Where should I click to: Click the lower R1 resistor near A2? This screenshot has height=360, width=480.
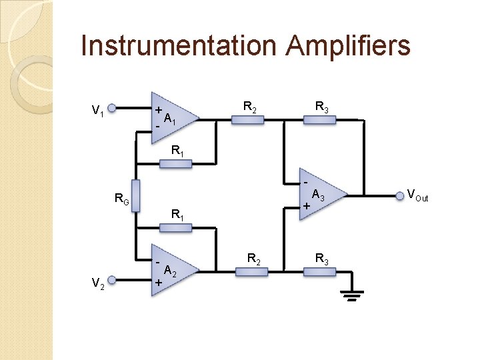point(175,228)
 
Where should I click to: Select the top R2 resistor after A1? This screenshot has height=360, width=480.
point(247,120)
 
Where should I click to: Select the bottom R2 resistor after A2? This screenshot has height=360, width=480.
point(251,271)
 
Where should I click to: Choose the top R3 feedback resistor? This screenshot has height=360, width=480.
point(321,120)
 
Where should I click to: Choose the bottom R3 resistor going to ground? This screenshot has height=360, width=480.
point(321,271)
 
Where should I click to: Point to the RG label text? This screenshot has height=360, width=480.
point(121,198)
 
